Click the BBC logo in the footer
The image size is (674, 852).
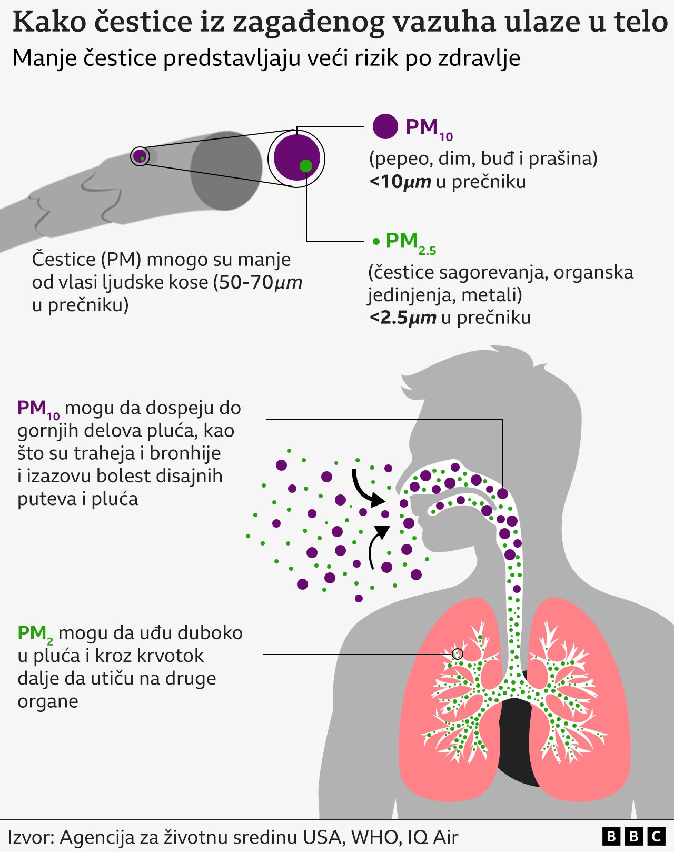coord(633,836)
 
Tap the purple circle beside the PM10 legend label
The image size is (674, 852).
coord(385,126)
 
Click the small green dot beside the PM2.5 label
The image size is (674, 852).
coord(376,242)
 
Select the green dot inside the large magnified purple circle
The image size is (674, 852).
coord(306,166)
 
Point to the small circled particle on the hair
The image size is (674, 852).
coord(140,156)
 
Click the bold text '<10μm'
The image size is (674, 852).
coord(400,182)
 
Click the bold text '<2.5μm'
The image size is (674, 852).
coord(403,318)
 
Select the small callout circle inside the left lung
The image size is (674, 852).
coord(458,654)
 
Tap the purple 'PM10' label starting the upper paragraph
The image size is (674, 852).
coord(38,409)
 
